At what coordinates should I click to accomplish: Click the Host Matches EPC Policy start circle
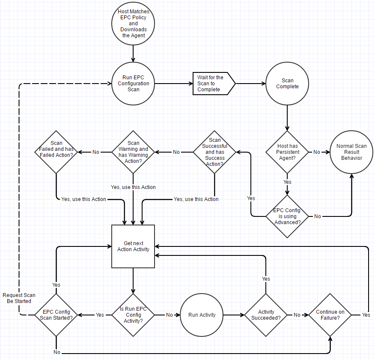click(134, 24)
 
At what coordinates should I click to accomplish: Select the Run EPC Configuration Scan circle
click(134, 84)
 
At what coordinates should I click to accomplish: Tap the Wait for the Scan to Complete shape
click(213, 84)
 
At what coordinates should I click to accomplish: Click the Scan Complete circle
click(287, 84)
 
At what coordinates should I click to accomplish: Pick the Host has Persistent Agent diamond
click(287, 152)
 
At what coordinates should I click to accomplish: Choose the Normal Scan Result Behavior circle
click(351, 152)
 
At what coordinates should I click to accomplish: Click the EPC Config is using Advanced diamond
click(287, 216)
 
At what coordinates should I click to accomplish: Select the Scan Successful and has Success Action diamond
click(214, 152)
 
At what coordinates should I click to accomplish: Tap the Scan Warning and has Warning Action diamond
click(134, 152)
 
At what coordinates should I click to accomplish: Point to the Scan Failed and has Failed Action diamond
click(56, 152)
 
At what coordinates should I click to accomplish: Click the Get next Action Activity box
click(134, 246)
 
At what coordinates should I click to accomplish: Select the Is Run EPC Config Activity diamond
click(134, 315)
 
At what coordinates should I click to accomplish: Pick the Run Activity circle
click(202, 315)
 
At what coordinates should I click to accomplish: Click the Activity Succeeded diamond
click(266, 315)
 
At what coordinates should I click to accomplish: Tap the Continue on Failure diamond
click(330, 315)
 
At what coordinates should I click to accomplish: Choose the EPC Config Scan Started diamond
click(56, 315)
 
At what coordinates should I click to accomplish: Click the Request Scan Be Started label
click(19, 298)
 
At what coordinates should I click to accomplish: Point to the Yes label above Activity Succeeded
click(266, 279)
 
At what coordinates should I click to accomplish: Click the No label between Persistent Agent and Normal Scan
click(317, 152)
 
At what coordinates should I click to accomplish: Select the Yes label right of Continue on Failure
click(366, 315)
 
